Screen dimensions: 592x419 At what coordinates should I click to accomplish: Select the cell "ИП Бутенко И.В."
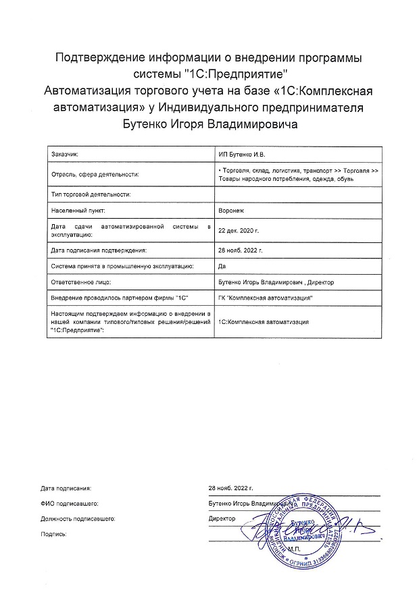(241, 155)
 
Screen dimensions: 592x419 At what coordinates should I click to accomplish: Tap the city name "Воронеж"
(230, 210)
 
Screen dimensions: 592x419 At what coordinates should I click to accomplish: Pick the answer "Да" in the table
(222, 266)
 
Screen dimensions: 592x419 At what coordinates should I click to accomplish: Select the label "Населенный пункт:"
(78, 210)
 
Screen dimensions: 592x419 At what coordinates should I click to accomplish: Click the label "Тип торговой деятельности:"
(90, 194)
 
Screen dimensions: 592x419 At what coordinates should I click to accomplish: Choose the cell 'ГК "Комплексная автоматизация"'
(266, 298)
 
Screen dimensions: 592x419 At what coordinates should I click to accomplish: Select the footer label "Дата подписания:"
(65, 487)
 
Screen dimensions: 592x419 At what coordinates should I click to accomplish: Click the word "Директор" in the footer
(222, 518)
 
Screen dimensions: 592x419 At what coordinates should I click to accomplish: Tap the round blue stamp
(302, 527)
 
